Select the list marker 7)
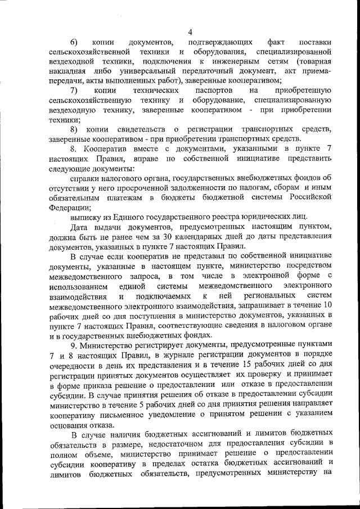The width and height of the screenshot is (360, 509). (x=74, y=90)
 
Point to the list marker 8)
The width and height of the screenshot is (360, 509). (x=74, y=129)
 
